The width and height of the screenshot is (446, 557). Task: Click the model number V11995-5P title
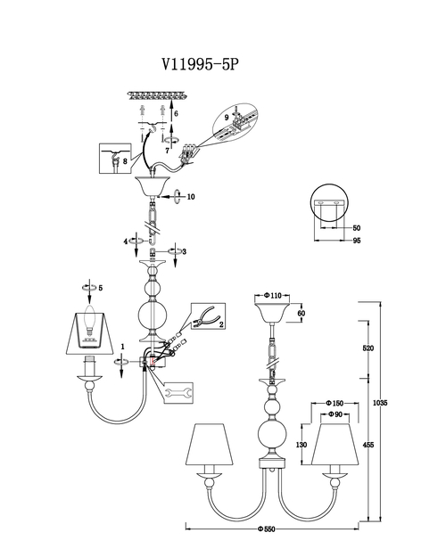pyautogui.click(x=200, y=64)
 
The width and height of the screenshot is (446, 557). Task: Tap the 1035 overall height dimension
pyautogui.click(x=380, y=403)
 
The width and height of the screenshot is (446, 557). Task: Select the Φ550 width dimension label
pyautogui.click(x=267, y=529)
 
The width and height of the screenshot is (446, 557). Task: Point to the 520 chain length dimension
pyautogui.click(x=368, y=348)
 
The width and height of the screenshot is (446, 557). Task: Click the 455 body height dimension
pyautogui.click(x=368, y=445)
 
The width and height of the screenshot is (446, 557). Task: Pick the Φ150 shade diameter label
pyautogui.click(x=334, y=403)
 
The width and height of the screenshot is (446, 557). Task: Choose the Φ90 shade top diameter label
pyautogui.click(x=334, y=414)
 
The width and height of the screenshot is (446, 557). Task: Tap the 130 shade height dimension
pyautogui.click(x=301, y=445)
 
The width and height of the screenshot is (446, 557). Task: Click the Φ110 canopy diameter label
pyautogui.click(x=273, y=296)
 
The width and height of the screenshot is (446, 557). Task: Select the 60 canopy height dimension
pyautogui.click(x=301, y=314)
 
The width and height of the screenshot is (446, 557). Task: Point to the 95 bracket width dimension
pyautogui.click(x=357, y=241)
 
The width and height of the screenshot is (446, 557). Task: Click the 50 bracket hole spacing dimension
pyautogui.click(x=357, y=228)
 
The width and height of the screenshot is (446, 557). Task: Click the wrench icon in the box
pyautogui.click(x=178, y=393)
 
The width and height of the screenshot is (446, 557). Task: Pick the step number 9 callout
pyautogui.click(x=227, y=118)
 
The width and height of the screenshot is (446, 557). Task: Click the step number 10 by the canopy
pyautogui.click(x=191, y=196)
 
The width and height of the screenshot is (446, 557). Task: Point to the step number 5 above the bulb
pyautogui.click(x=101, y=288)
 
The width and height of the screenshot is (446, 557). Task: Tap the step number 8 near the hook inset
pyautogui.click(x=125, y=161)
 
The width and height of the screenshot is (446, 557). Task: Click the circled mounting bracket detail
pyautogui.click(x=329, y=203)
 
